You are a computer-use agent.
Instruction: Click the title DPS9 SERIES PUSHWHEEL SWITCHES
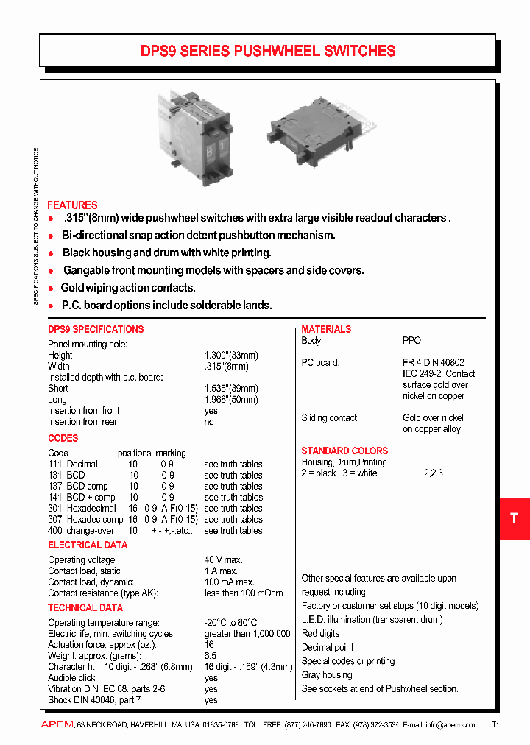click(x=268, y=51)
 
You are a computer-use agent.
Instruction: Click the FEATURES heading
click(x=72, y=205)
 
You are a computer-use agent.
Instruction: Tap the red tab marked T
click(x=514, y=518)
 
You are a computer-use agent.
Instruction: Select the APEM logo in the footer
click(x=57, y=725)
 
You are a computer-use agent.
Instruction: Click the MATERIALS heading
click(x=326, y=329)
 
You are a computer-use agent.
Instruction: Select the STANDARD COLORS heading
click(x=344, y=451)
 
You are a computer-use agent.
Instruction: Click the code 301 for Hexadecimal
click(x=55, y=508)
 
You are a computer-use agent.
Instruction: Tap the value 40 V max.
click(x=225, y=559)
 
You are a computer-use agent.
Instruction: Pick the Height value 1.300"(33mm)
click(x=231, y=355)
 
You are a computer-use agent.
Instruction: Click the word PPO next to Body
click(x=411, y=340)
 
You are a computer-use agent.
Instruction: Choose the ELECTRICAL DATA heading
click(x=88, y=545)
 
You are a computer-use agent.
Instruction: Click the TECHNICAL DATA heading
click(x=85, y=607)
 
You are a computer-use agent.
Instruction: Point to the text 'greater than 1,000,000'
click(x=247, y=633)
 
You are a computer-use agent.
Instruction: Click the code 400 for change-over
click(x=55, y=530)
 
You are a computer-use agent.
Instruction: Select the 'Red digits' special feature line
click(x=321, y=633)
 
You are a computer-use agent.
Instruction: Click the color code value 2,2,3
click(x=434, y=473)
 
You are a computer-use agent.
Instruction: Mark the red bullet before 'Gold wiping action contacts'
click(x=51, y=289)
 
